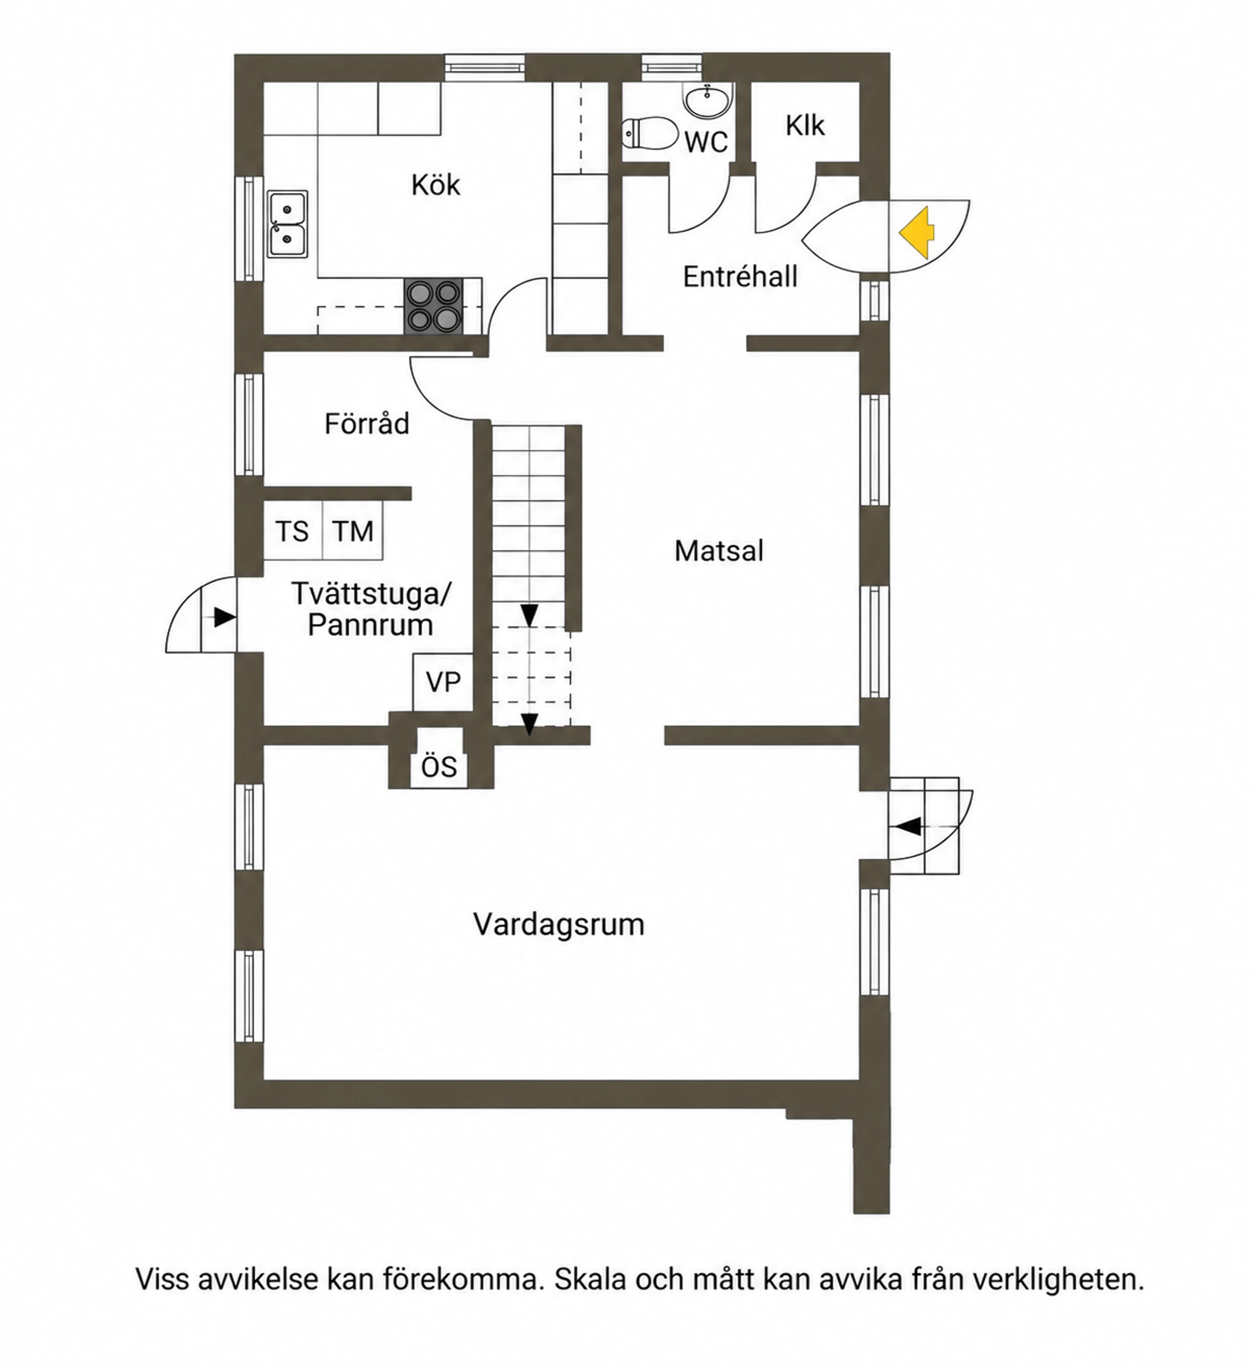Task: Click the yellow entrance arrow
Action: point(917,233)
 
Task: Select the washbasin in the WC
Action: point(709,101)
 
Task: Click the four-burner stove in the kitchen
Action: point(434,306)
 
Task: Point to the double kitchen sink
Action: point(287,224)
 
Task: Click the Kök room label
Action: point(436,184)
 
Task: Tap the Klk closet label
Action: point(805,126)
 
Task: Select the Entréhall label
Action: point(740,277)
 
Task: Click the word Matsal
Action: point(718,551)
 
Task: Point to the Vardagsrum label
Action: point(558,924)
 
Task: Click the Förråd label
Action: point(367,424)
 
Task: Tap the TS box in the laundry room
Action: point(293,530)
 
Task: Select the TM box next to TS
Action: point(352,530)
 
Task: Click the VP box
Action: point(443,682)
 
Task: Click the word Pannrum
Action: point(370,625)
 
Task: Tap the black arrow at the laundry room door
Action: point(225,617)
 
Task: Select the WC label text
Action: point(706,142)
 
